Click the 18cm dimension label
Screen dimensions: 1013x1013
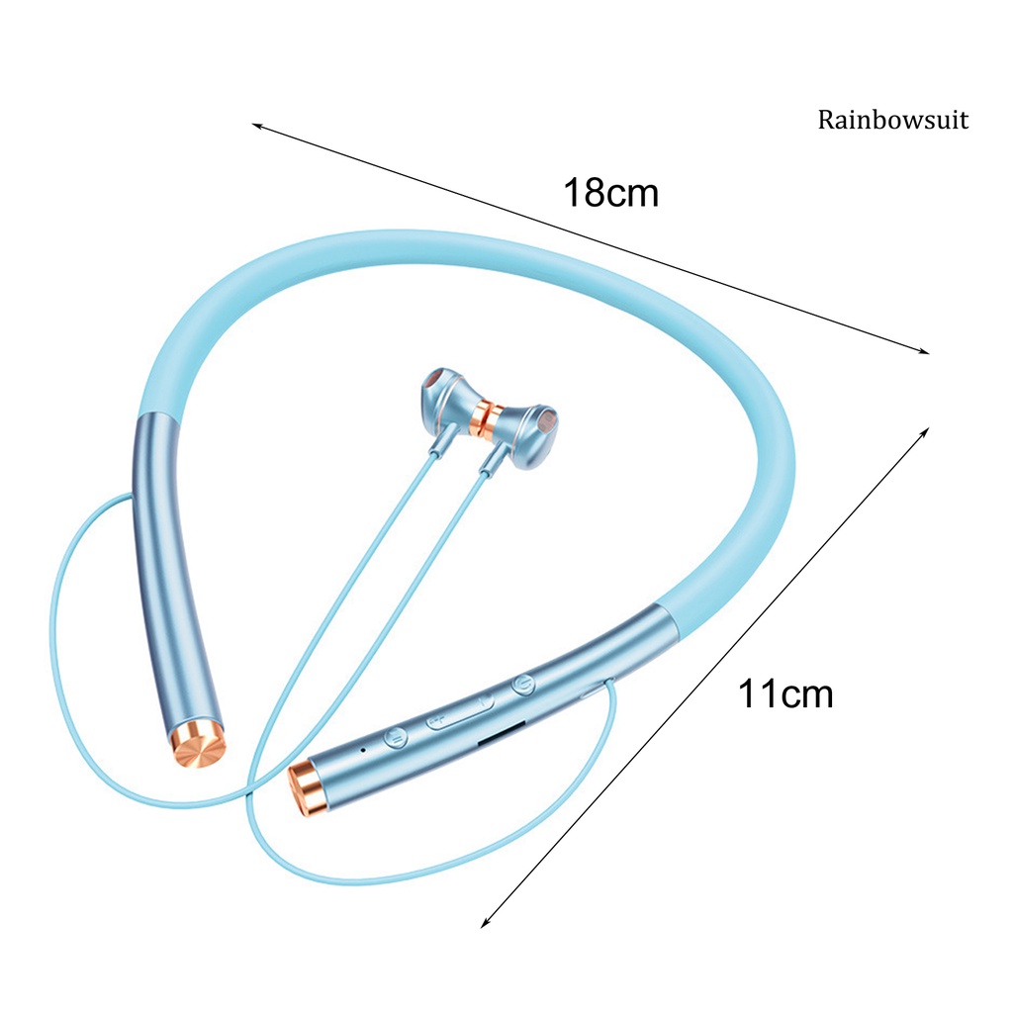point(610,192)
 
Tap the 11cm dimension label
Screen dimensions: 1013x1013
point(785,693)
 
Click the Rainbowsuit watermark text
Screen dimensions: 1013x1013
point(892,121)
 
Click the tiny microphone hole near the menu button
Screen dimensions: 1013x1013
point(364,749)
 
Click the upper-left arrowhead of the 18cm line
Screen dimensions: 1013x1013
point(255,126)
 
